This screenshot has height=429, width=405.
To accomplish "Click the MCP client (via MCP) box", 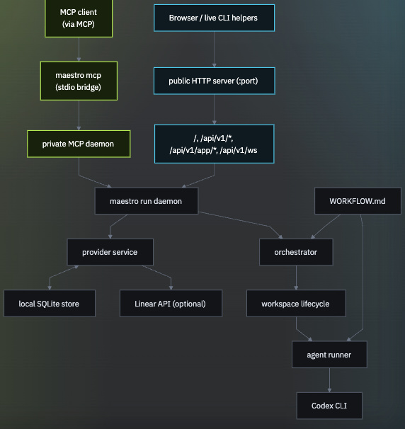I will click(78, 18).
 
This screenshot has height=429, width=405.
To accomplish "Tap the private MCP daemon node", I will click(79, 144).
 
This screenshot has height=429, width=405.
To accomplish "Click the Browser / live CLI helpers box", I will click(214, 18).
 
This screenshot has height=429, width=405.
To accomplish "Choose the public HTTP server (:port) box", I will click(214, 81).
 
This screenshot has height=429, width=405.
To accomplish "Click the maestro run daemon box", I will click(146, 201).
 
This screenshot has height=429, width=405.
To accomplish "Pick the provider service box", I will click(110, 252).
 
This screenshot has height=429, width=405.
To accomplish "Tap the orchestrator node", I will click(295, 252).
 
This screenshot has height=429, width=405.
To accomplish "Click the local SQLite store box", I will click(49, 304).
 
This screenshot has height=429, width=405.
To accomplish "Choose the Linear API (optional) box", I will click(170, 304).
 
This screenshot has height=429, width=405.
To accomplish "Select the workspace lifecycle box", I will click(295, 304).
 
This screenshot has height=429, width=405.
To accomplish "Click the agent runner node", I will click(329, 355).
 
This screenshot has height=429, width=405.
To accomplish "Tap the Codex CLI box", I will click(329, 406).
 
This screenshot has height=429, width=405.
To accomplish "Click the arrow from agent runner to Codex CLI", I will click(329, 380).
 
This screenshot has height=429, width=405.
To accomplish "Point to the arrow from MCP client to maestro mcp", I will click(78, 49).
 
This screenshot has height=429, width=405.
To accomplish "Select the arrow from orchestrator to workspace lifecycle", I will click(295, 278).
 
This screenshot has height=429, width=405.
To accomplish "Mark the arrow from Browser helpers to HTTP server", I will click(214, 49).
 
